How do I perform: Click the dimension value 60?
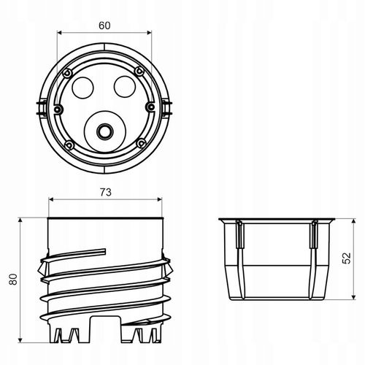(104, 26)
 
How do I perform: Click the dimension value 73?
(106, 193)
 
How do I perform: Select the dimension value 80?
(13, 279)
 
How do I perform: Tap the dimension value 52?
(346, 258)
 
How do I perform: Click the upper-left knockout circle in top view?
(82, 88)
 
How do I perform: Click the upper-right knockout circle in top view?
(125, 86)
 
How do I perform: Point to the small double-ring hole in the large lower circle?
(105, 131)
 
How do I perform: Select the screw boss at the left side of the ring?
(58, 109)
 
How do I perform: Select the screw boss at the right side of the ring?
(150, 107)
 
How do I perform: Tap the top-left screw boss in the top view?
(67, 73)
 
